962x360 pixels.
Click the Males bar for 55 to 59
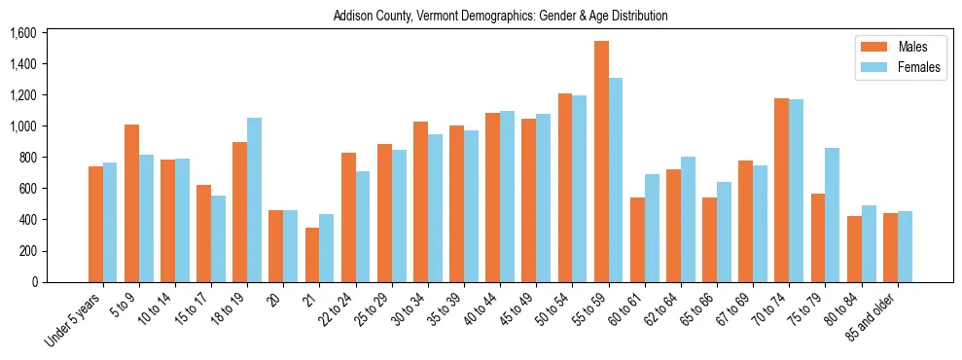(x=601, y=162)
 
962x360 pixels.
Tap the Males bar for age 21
(x=312, y=255)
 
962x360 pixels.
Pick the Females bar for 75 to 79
(x=832, y=215)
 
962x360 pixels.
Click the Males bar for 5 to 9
(x=132, y=203)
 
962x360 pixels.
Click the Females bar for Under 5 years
(x=110, y=222)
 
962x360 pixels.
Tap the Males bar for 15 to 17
(x=204, y=234)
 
